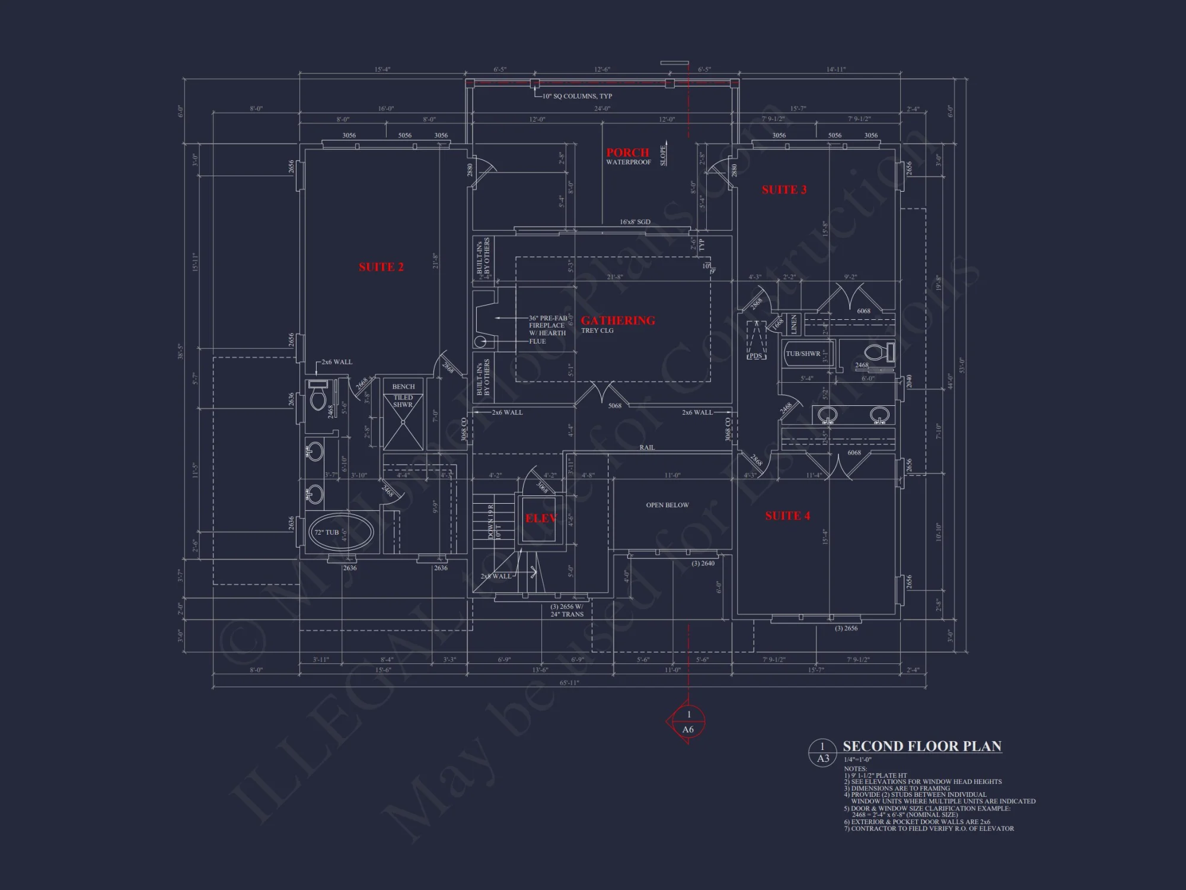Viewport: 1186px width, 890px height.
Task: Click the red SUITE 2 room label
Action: click(381, 267)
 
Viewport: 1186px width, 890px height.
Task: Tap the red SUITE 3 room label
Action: click(784, 190)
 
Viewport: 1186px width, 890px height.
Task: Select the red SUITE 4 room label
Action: click(787, 516)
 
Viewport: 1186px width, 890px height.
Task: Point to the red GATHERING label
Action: click(617, 320)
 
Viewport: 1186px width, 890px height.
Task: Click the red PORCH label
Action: click(627, 152)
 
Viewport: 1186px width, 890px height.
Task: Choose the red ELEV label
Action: click(540, 519)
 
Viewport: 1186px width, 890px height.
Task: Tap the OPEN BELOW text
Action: click(667, 505)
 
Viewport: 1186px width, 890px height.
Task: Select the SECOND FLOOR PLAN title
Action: click(922, 746)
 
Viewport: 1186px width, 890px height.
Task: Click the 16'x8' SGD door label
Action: click(635, 222)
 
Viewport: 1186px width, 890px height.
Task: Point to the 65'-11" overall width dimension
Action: click(569, 683)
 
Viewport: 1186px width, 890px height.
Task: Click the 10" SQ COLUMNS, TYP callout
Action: click(576, 96)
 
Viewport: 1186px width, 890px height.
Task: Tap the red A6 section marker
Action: click(687, 729)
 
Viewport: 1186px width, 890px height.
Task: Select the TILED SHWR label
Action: click(403, 401)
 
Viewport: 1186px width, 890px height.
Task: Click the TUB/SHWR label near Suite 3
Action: click(802, 354)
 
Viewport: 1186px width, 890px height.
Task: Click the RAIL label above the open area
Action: click(646, 447)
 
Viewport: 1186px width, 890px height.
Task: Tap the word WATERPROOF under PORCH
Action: click(628, 162)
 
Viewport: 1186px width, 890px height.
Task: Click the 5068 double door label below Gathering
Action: click(614, 406)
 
